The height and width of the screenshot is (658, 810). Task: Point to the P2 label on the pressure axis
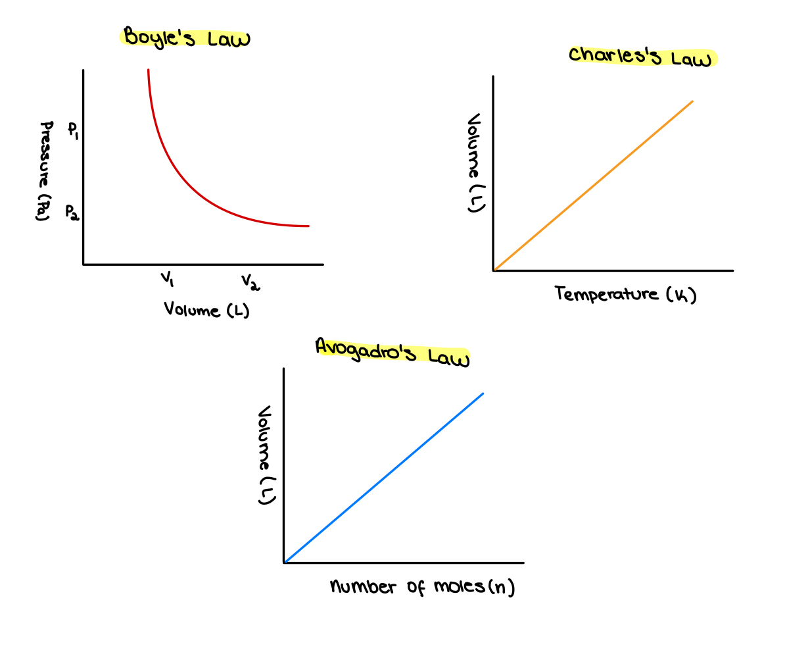coord(72,212)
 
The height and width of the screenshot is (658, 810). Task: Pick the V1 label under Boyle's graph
coord(168,280)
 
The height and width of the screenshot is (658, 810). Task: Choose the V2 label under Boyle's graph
coord(250,282)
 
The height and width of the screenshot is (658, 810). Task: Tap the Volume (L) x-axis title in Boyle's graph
coord(206,309)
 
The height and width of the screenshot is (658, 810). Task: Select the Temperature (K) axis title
coord(625,294)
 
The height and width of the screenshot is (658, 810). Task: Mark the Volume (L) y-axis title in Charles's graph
coord(475,163)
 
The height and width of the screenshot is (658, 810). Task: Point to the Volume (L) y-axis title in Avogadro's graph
coord(265,455)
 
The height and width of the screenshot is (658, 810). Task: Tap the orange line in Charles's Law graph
coord(592,186)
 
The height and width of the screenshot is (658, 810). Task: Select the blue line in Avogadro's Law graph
coord(383,478)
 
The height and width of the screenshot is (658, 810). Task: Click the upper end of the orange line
coord(692,102)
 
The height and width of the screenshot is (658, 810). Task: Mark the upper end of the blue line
coord(483,394)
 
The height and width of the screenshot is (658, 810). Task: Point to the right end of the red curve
coord(308,226)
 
